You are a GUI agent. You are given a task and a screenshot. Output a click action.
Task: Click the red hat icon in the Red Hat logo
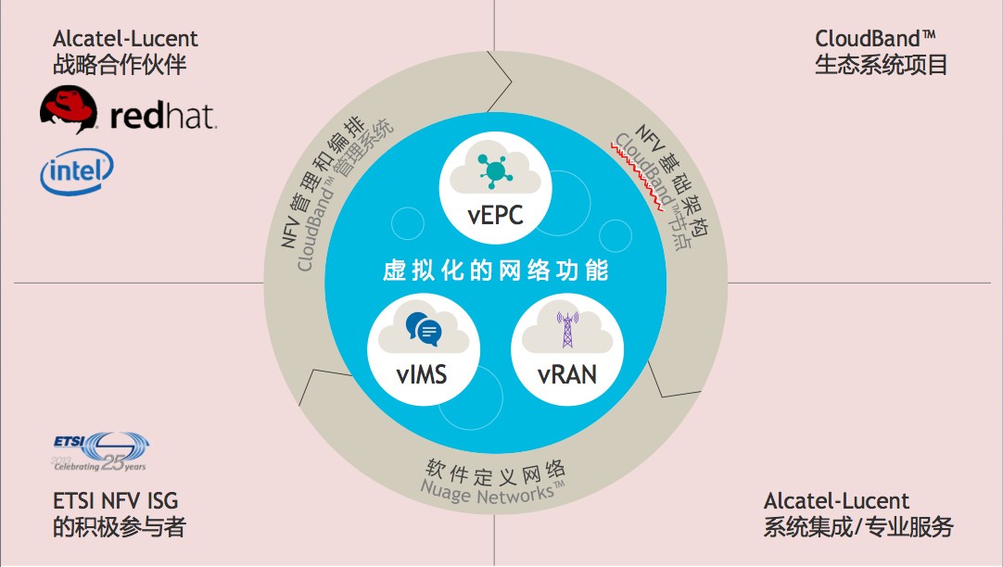pos(69,110)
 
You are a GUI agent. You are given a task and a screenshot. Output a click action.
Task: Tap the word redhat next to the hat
pos(162,117)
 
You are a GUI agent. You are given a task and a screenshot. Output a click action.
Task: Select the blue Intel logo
pos(76,174)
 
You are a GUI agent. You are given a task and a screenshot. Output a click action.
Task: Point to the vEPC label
pos(496,216)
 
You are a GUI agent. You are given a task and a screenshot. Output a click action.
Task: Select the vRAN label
pos(566,375)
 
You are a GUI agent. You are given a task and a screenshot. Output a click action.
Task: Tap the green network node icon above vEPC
pos(495,169)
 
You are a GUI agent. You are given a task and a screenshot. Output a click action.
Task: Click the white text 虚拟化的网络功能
pos(496,271)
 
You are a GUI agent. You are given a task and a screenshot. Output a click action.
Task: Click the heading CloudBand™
pos(876,39)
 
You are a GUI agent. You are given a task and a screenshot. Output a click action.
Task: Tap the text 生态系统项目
pos(881,66)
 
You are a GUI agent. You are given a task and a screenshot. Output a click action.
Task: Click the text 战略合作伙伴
pos(126,66)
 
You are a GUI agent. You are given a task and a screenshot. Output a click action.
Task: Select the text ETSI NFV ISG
pos(116,501)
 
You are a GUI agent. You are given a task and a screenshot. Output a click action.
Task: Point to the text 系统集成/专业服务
pos(858,528)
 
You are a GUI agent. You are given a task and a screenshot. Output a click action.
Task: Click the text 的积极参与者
pos(120,528)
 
